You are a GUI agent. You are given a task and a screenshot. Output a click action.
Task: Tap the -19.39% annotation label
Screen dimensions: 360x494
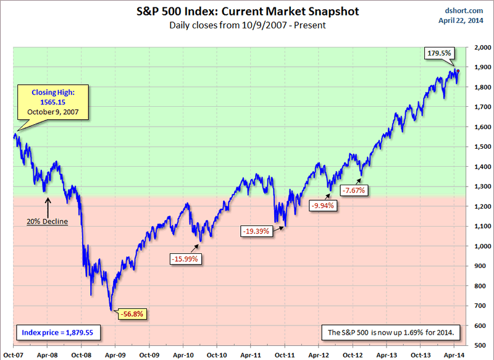256,230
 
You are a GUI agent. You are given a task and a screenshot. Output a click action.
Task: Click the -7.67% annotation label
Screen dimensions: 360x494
354,190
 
